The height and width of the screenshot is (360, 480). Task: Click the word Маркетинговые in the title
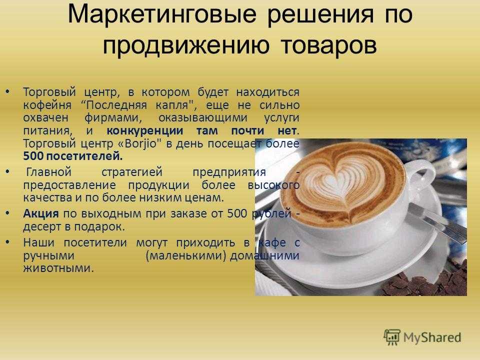click(x=162, y=14)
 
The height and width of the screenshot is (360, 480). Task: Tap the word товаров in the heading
click(x=329, y=45)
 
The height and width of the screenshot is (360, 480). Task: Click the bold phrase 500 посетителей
click(x=73, y=156)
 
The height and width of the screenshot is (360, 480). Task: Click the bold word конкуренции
click(x=145, y=131)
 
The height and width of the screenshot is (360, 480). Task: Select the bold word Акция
click(x=40, y=213)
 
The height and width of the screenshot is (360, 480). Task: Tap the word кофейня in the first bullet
click(x=47, y=105)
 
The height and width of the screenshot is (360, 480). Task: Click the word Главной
click(x=49, y=171)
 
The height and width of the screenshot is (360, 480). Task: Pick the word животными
click(x=58, y=268)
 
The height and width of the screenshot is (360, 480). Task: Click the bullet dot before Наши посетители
click(x=7, y=242)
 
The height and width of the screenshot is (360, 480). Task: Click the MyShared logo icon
click(x=392, y=337)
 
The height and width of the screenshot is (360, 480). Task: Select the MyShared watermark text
click(x=432, y=337)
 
